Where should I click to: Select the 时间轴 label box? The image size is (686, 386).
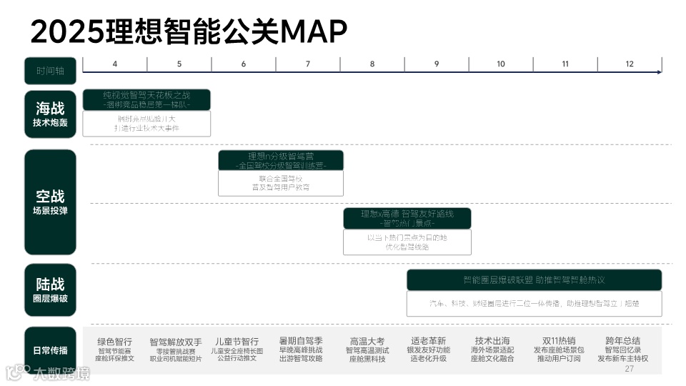tap(50, 70)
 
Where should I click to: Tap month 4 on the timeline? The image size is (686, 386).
tap(115, 64)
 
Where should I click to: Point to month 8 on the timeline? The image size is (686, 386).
tap(372, 64)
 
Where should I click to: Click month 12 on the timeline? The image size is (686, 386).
tap(630, 64)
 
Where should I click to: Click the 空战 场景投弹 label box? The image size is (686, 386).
tap(50, 202)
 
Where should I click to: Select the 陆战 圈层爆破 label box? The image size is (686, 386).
tap(50, 289)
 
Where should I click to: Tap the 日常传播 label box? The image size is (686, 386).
tap(50, 350)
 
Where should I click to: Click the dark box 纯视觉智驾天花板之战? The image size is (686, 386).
tap(146, 99)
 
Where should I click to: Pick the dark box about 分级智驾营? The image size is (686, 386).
tap(281, 160)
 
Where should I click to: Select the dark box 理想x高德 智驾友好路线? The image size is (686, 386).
tap(407, 218)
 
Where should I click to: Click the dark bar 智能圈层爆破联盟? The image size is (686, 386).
tap(534, 279)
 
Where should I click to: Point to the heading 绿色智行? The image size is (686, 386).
tap(115, 341)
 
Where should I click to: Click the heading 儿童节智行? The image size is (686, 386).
tap(237, 341)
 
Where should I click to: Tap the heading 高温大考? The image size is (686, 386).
tap(367, 341)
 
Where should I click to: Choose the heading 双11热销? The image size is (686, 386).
tap(559, 341)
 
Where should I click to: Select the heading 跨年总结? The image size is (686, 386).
tap(622, 341)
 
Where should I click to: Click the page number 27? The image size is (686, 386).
tap(629, 369)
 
